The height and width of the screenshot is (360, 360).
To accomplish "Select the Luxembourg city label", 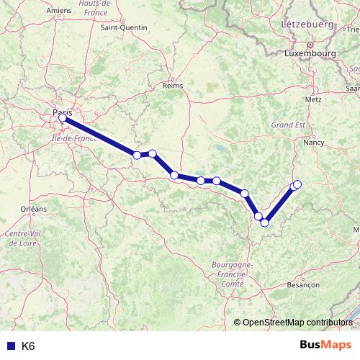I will pyautogui.click(x=310, y=53).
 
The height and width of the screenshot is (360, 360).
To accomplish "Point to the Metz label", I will pyautogui.click(x=314, y=99).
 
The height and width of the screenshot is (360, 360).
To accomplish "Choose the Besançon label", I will pyautogui.click(x=302, y=285).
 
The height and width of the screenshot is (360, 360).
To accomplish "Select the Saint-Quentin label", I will pyautogui.click(x=124, y=27).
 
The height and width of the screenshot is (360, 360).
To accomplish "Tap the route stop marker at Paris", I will pyautogui.click(x=63, y=119).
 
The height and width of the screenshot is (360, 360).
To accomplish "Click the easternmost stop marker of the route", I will pyautogui.click(x=297, y=185).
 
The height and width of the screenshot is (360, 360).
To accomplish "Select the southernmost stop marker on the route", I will pyautogui.click(x=264, y=222).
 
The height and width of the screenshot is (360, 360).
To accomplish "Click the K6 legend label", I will pyautogui.click(x=28, y=346).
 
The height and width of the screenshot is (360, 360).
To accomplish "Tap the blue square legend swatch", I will pyautogui.click(x=10, y=346).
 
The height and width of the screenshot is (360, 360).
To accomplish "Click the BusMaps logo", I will pyautogui.click(x=325, y=345).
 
